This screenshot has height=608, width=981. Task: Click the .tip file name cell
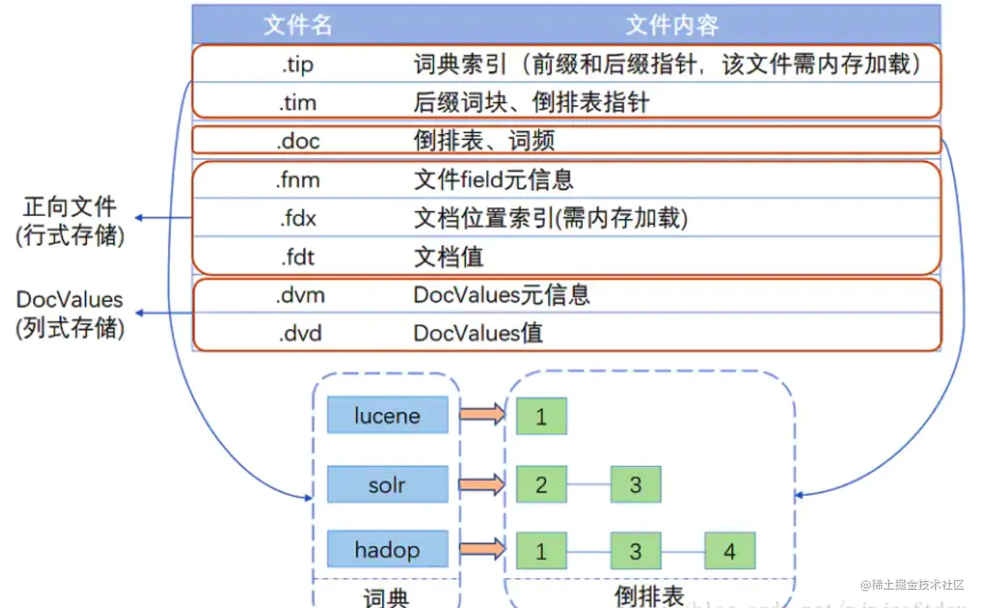coord(298,64)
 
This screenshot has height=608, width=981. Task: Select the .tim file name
coord(298,103)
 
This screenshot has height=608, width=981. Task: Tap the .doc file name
coord(298,141)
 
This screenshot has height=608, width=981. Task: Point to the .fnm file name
coord(298,180)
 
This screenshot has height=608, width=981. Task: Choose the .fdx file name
coord(298,218)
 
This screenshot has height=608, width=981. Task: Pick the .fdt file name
coord(298,257)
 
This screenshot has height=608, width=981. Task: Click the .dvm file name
coord(300,295)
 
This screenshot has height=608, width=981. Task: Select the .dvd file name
coord(300,334)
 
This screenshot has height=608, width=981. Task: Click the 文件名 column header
coord(298,25)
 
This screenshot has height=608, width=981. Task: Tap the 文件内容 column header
coord(672,25)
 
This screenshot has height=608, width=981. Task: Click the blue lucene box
coord(387,415)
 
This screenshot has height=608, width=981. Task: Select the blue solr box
coord(387,485)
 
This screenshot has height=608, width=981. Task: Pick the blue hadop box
coord(387,550)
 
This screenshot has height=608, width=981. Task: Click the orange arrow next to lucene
coord(482,414)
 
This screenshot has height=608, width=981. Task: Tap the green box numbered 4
coord(729,551)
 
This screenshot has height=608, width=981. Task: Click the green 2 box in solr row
coord(541,484)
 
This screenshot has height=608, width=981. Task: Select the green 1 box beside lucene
coord(541,416)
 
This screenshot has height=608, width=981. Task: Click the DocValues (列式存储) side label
coord(70,313)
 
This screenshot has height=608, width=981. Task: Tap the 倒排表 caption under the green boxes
coord(649,596)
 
